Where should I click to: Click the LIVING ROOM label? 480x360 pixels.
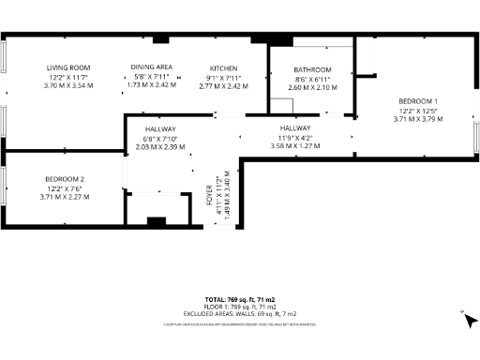click(x=68, y=67)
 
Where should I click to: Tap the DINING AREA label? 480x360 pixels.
click(x=150, y=67)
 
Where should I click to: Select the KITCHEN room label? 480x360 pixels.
click(x=223, y=68)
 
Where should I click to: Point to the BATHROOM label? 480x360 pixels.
click(x=312, y=69)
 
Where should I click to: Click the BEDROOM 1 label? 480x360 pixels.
click(x=417, y=100)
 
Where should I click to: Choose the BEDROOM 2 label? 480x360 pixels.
click(x=65, y=179)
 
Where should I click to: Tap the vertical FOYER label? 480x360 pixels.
click(x=210, y=196)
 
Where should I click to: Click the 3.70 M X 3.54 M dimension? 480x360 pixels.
click(x=68, y=85)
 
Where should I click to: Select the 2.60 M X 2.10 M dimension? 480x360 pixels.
click(x=312, y=86)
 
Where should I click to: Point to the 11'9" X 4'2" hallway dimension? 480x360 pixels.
click(x=294, y=137)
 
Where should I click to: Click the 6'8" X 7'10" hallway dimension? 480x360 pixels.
click(x=161, y=138)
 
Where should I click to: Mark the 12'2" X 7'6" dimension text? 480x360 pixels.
click(x=65, y=188)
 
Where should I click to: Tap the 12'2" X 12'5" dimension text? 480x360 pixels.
click(x=417, y=110)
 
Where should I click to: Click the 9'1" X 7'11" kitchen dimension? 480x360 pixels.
click(x=223, y=77)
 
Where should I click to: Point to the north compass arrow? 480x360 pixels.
click(x=466, y=321)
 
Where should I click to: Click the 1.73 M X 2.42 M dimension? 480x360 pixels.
click(x=150, y=85)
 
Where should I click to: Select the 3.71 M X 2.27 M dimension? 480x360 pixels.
click(x=65, y=197)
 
